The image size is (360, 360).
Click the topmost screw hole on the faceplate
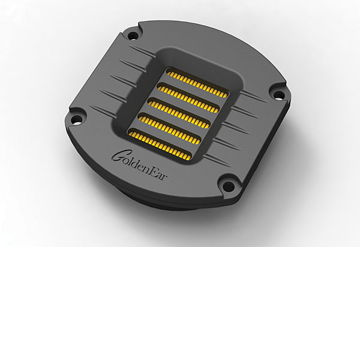[x=133, y=35]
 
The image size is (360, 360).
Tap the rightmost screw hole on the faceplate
[x=279, y=94]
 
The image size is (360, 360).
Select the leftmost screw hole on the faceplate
[x=77, y=118]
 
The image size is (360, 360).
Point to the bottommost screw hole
[x=228, y=186]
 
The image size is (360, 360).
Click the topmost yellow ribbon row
[x=197, y=85]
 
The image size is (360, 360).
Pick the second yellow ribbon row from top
[x=188, y=99]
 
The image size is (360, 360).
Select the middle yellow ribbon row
[x=179, y=114]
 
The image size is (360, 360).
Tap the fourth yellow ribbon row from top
[x=169, y=129]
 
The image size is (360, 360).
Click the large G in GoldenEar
[x=118, y=156]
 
